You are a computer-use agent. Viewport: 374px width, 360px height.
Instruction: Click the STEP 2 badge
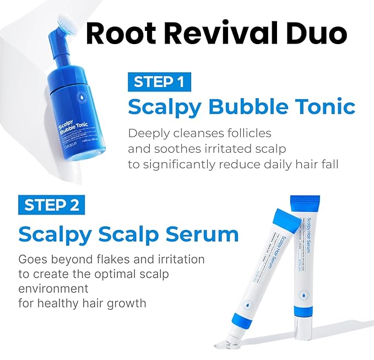point(52,205)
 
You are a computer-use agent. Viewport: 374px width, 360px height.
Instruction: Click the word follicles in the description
point(242,133)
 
